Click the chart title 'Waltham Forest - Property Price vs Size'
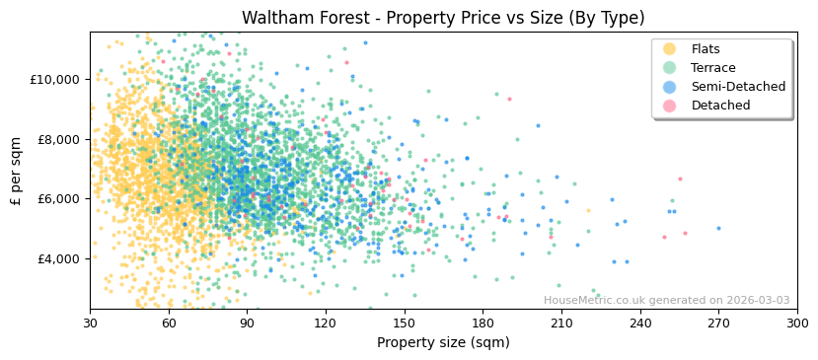point(443,18)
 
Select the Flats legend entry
point(705,49)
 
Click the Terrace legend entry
point(712,68)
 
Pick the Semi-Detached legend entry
point(737,87)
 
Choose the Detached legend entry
point(720,106)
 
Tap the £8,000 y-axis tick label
point(54,139)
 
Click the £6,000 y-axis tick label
point(54,198)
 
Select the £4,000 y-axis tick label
point(54,258)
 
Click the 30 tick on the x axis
point(90,323)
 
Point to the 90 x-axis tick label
point(247,323)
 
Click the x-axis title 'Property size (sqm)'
point(443,343)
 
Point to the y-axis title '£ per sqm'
point(17,171)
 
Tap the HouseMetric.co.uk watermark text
point(666,301)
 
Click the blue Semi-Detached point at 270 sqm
point(718,228)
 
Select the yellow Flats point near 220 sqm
point(588,210)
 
